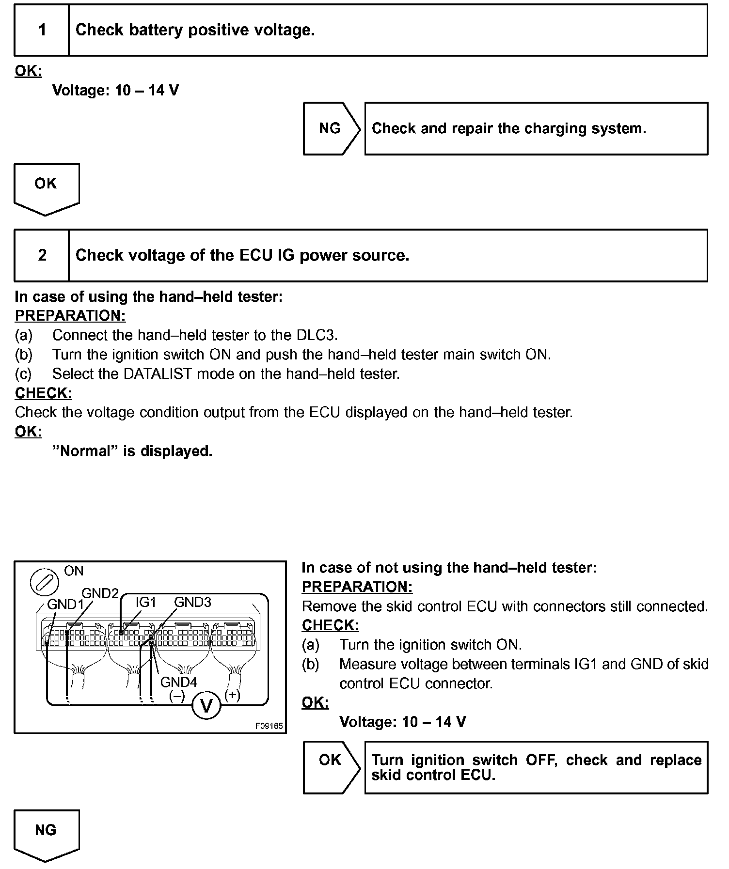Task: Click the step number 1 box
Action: coord(42,31)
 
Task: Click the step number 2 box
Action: coord(42,255)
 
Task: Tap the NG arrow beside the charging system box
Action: coord(331,128)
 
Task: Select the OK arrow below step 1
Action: coord(46,187)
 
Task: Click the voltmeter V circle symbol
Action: coord(206,706)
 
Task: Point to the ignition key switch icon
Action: coord(44,582)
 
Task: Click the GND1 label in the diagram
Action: coord(65,605)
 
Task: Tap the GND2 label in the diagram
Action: coord(100,593)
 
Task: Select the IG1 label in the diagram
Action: coord(145,602)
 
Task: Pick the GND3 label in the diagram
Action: coord(192,602)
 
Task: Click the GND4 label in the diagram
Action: coord(178,682)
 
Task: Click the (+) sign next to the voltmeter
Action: coord(232,695)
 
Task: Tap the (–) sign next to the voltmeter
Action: coord(177,696)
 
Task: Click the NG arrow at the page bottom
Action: coord(46,833)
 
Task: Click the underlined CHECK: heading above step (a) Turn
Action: coord(330,625)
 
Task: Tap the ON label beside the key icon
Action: coord(74,571)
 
